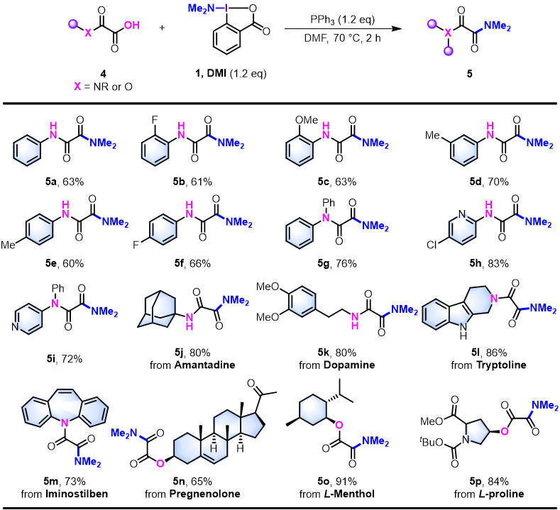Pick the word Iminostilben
(x=67, y=497)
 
